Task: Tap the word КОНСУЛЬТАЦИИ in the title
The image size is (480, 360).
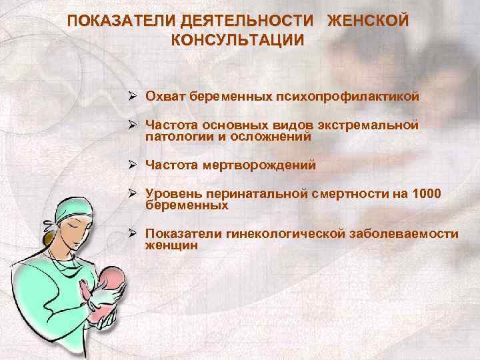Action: pyautogui.click(x=238, y=40)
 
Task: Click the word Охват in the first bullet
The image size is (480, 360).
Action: pyautogui.click(x=165, y=97)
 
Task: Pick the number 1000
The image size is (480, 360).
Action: pyautogui.click(x=427, y=194)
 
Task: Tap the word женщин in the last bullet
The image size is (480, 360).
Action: pyautogui.click(x=171, y=245)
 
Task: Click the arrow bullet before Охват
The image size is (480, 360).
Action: pyautogui.click(x=133, y=97)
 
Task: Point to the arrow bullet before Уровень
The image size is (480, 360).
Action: pyautogui.click(x=133, y=194)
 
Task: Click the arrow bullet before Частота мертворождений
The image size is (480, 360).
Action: pyautogui.click(x=133, y=165)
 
